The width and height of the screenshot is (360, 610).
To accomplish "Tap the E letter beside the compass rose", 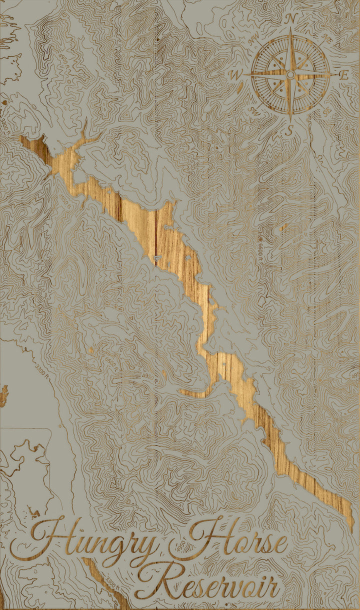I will [x=344, y=76].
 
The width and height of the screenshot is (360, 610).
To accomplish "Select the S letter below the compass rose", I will [x=288, y=131].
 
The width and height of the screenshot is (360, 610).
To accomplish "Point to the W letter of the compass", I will [x=234, y=75].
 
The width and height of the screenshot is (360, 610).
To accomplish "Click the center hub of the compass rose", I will [x=290, y=75].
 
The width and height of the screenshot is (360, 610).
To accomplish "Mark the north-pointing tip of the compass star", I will [x=291, y=31].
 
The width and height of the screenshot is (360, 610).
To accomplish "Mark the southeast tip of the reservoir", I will [x=351, y=527].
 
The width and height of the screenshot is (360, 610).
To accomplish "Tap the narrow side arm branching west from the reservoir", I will [x=192, y=392].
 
